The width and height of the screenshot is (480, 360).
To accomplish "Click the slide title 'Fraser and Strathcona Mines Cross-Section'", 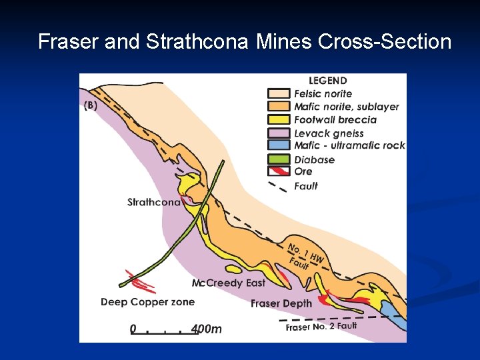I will pyautogui.click(x=244, y=42).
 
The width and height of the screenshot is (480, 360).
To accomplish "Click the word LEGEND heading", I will pyautogui.click(x=328, y=81).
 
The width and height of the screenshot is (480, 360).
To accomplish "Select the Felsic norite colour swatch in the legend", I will pyautogui.click(x=279, y=94).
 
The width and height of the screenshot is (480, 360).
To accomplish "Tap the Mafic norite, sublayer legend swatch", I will pyautogui.click(x=279, y=107).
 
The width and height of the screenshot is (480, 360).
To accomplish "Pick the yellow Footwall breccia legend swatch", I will pyautogui.click(x=279, y=120).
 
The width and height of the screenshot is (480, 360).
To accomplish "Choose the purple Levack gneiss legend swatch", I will pyautogui.click(x=279, y=133).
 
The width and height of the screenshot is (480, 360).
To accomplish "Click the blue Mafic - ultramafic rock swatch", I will pyautogui.click(x=279, y=145).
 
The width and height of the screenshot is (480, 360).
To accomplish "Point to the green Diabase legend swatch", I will pyautogui.click(x=279, y=159).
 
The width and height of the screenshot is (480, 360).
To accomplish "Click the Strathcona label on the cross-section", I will pyautogui.click(x=154, y=202).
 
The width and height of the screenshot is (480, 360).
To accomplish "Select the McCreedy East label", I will pyautogui.click(x=228, y=283).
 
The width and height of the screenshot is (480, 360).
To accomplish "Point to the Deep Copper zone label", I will pyautogui.click(x=147, y=302).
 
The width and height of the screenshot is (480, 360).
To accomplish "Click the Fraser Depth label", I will pyautogui.click(x=281, y=304).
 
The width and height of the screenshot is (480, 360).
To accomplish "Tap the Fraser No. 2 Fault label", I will pyautogui.click(x=321, y=327).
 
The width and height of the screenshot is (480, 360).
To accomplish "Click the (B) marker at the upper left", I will pyautogui.click(x=91, y=105).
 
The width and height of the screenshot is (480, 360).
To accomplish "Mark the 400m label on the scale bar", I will pyautogui.click(x=206, y=329).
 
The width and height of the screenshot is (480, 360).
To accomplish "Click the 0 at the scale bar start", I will pyautogui.click(x=133, y=329).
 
